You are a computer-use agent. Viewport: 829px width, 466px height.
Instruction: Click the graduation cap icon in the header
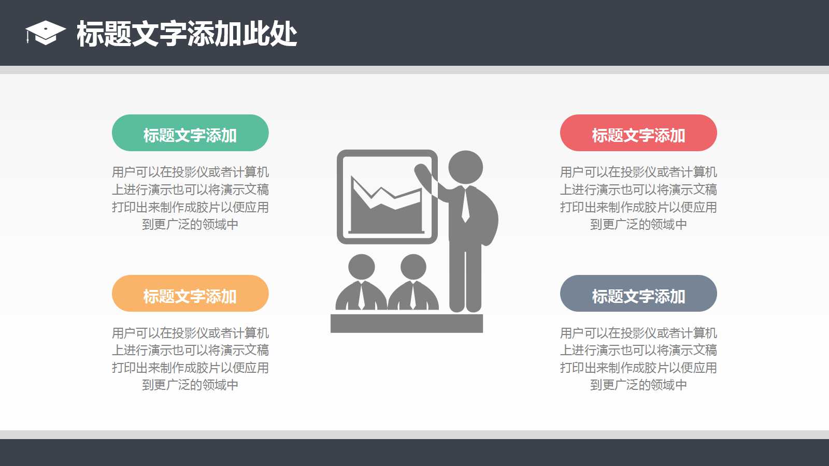point(46,33)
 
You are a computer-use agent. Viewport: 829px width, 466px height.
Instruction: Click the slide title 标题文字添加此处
point(187,34)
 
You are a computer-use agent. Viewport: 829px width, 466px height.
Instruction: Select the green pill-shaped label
point(190,133)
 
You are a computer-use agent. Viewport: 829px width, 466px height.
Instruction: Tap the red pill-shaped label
point(638,133)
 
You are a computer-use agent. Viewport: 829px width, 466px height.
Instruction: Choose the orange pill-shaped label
point(190,294)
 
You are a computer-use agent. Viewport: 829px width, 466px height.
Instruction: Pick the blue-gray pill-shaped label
point(638,294)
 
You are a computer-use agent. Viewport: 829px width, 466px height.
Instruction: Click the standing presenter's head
point(465,167)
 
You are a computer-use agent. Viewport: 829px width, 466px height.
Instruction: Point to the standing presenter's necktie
point(465,205)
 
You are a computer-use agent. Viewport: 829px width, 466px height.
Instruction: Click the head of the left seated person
point(361,267)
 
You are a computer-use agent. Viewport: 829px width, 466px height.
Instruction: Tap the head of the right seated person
point(413,267)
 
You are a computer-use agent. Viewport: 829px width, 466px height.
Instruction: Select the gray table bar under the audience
point(407,323)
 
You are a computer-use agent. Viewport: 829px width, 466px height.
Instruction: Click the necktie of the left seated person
point(361,295)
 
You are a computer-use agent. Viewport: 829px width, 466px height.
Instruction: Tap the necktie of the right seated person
point(413,295)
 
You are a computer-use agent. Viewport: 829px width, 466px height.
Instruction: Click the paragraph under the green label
point(190,198)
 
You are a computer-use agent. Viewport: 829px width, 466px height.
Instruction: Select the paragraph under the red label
point(638,198)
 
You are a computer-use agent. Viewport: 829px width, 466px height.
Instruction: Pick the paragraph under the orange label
point(190,358)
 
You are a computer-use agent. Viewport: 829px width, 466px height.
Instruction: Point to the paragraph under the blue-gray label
point(638,358)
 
